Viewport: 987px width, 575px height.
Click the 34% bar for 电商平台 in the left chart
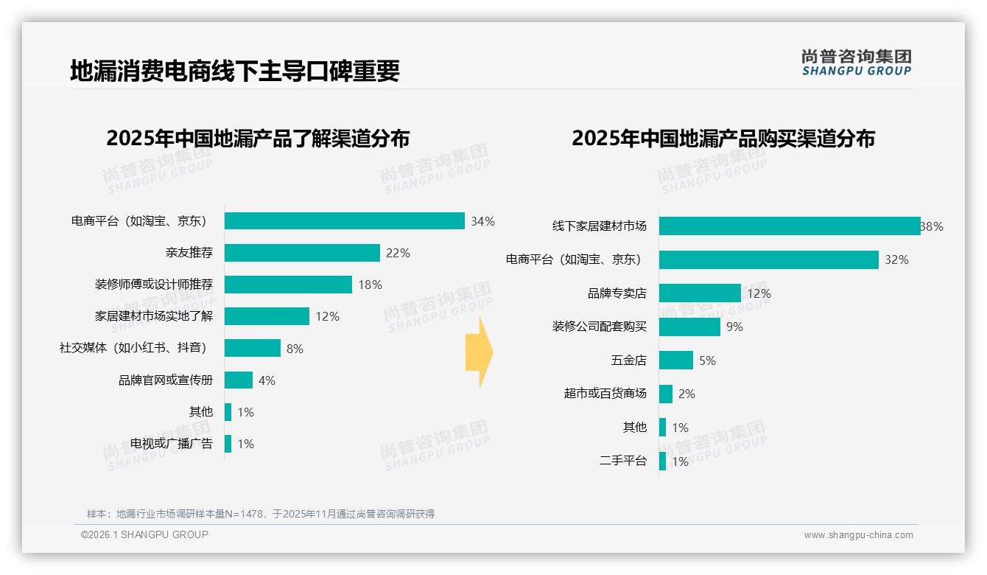[344, 221]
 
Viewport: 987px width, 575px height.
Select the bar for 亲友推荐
[302, 253]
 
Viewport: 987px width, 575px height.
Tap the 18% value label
[370, 285]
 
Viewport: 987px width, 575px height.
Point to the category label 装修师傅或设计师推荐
[154, 285]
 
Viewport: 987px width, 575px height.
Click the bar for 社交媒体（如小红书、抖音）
[253, 348]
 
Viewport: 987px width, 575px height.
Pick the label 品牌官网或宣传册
[166, 380]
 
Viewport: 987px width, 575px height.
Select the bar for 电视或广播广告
[228, 444]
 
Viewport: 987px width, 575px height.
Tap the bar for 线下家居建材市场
[789, 226]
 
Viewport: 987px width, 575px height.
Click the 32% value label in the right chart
[896, 260]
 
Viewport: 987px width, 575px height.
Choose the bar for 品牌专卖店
[700, 293]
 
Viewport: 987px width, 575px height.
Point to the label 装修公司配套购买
[600, 327]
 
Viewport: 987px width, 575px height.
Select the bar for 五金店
[676, 360]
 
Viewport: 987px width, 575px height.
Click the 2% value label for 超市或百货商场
[686, 394]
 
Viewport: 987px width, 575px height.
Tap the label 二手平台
[623, 461]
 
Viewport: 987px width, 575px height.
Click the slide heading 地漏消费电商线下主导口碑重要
[235, 72]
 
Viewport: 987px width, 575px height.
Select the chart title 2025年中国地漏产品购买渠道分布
[723, 139]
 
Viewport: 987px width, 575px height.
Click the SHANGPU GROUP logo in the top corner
[856, 63]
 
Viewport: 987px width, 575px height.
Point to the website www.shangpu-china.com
[858, 535]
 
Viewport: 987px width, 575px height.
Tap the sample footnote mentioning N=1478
[261, 514]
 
